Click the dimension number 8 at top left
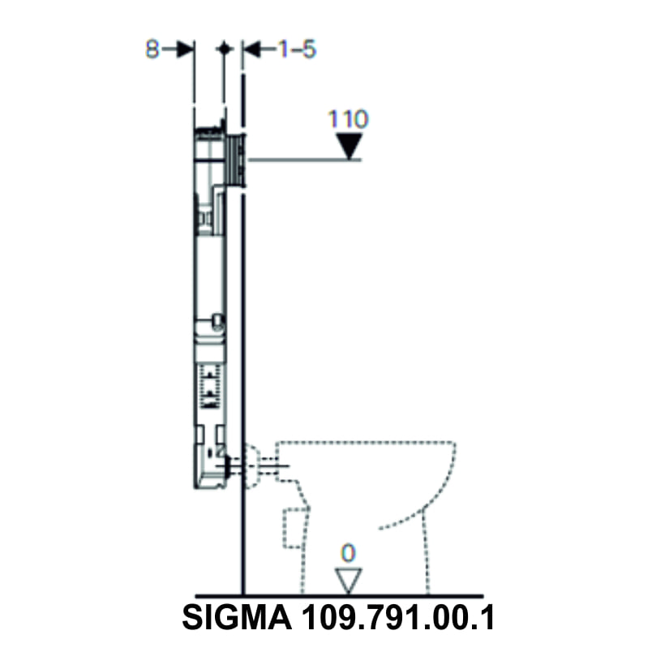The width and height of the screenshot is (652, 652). pyautogui.click(x=152, y=49)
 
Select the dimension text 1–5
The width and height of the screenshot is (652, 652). pyautogui.click(x=297, y=49)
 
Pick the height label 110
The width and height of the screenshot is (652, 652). pyautogui.click(x=348, y=120)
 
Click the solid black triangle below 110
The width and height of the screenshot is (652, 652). pyautogui.click(x=349, y=147)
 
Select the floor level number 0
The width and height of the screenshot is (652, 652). pyautogui.click(x=348, y=553)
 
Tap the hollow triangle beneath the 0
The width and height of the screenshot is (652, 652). pyautogui.click(x=348, y=579)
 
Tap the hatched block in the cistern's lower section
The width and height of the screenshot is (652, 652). pyautogui.click(x=210, y=386)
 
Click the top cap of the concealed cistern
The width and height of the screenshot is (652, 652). pyautogui.click(x=209, y=131)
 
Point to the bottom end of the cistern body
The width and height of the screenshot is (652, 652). pyautogui.click(x=209, y=484)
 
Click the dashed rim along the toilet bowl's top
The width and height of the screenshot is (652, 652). pyautogui.click(x=365, y=443)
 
